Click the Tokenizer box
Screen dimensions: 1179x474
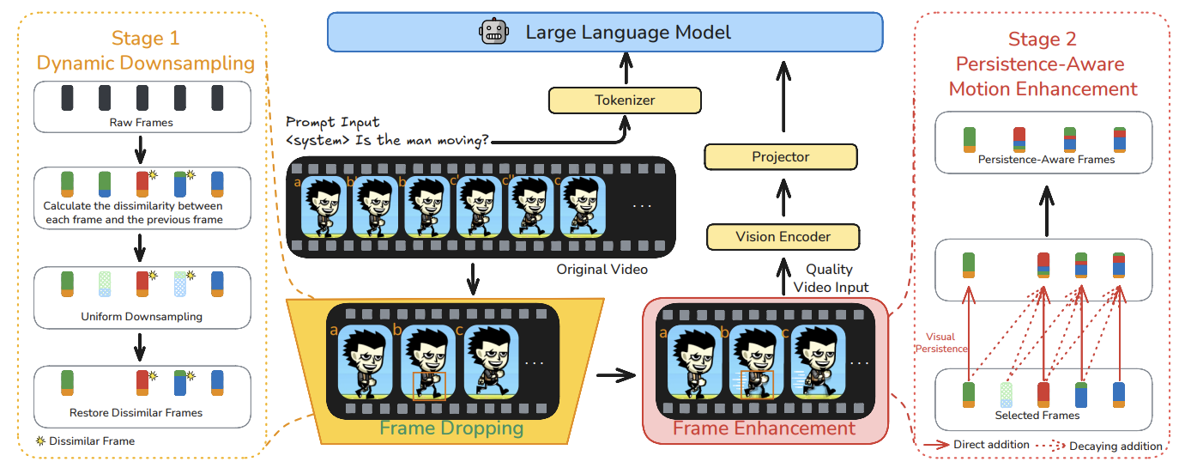pyautogui.click(x=625, y=100)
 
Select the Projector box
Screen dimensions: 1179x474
pyautogui.click(x=781, y=157)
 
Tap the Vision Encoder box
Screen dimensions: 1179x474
pyautogui.click(x=783, y=237)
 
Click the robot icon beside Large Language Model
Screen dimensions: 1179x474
pyautogui.click(x=493, y=32)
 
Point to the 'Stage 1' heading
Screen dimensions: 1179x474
pyautogui.click(x=146, y=38)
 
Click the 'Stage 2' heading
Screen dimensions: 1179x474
pyautogui.click(x=1043, y=39)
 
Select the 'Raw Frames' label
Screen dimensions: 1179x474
pyautogui.click(x=141, y=122)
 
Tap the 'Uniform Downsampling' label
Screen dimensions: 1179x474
pyautogui.click(x=142, y=317)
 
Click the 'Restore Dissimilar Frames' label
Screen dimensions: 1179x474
pyautogui.click(x=136, y=413)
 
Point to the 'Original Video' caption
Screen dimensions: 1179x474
pyautogui.click(x=602, y=269)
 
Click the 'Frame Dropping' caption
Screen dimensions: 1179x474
pyautogui.click(x=451, y=428)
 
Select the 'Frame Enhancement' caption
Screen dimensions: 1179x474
pyautogui.click(x=765, y=428)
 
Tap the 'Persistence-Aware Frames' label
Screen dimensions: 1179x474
pyautogui.click(x=1046, y=160)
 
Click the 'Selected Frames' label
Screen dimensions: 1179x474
pyautogui.click(x=1037, y=416)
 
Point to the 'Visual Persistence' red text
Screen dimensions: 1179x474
pyautogui.click(x=941, y=343)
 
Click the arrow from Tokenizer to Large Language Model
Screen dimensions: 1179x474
pyautogui.click(x=626, y=69)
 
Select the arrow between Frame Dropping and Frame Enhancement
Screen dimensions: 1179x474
pyautogui.click(x=616, y=375)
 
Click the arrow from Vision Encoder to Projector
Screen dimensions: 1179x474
pyautogui.click(x=783, y=197)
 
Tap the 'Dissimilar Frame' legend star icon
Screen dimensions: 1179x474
pyautogui.click(x=40, y=441)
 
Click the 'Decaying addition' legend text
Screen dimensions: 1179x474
pyautogui.click(x=1116, y=446)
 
